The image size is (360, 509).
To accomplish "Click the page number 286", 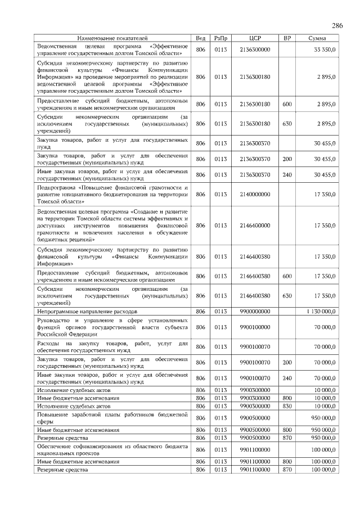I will pos(337,26).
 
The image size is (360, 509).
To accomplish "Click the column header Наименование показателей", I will pos(112,38).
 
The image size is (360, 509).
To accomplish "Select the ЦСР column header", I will pos(254,38).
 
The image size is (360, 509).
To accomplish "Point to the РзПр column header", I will pos(220,38).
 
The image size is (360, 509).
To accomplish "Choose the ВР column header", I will pos(287,38).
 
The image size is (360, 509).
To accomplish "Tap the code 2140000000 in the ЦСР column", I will pos(255,194).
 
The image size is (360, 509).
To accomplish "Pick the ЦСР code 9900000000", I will pos(255,310).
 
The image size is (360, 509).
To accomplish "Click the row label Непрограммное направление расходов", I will pos(87,310).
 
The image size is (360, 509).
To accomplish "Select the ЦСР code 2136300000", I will pos(255,50).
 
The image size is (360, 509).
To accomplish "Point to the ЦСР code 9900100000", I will pos(255,326).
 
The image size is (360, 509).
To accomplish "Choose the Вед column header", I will pos(200,38).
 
